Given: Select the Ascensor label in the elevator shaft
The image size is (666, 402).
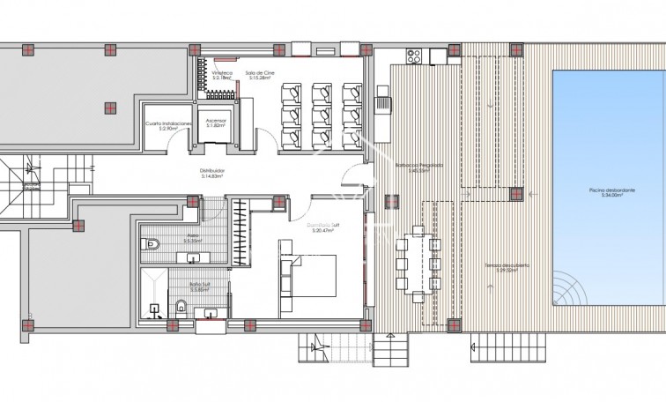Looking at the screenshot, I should point(216,121).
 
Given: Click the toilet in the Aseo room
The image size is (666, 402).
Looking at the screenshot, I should point(152,241).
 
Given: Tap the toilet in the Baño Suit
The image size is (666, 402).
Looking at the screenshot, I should point(180,305).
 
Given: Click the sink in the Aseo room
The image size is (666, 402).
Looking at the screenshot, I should point(193,257).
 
